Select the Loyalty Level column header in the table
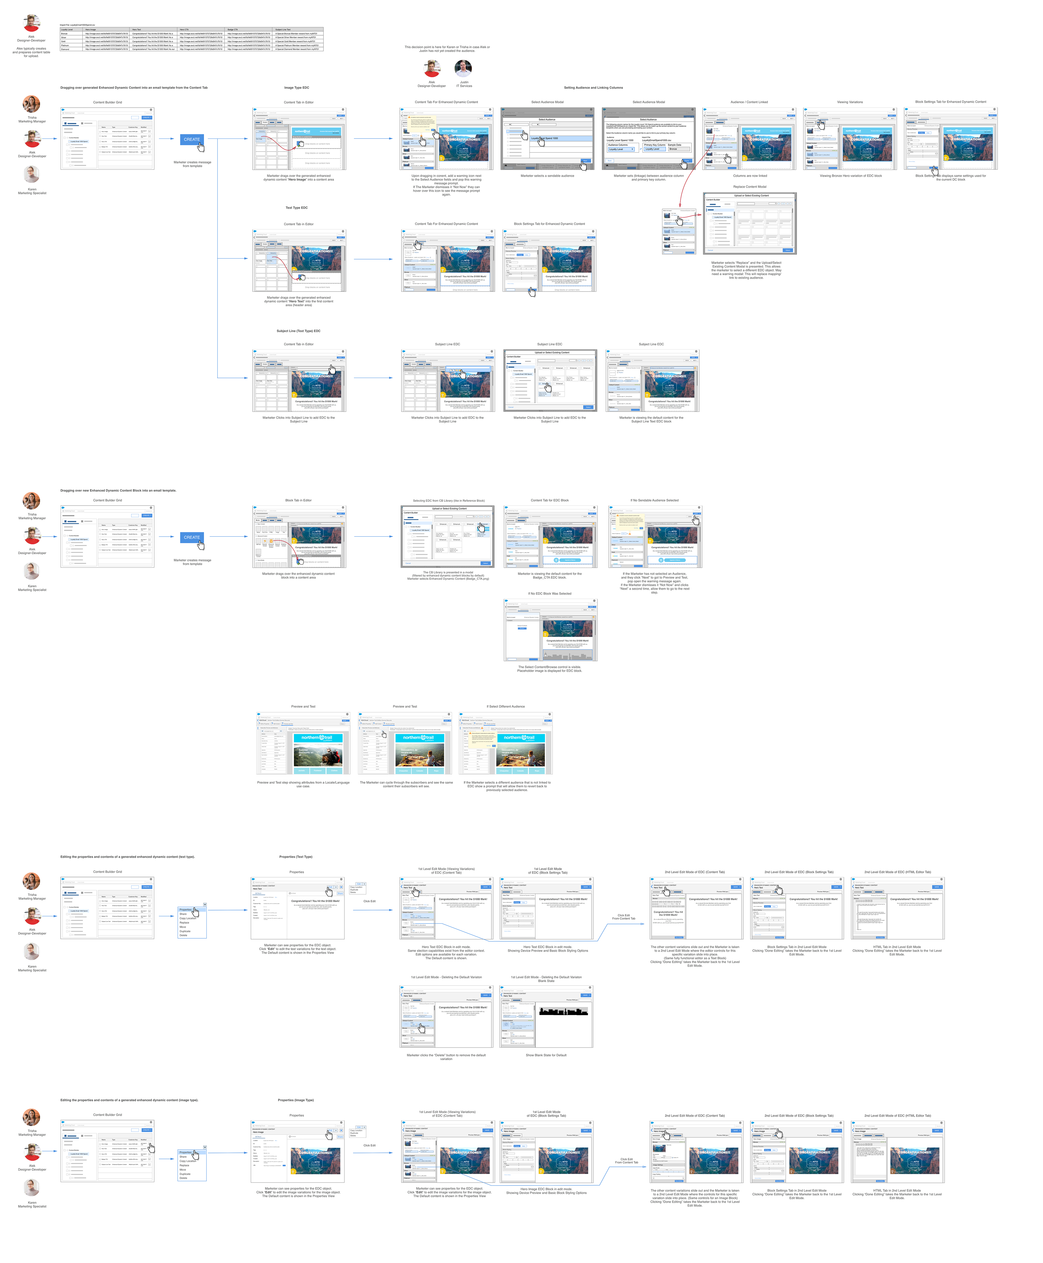(67, 29)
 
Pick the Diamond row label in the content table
(65, 49)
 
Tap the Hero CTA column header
(184, 29)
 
